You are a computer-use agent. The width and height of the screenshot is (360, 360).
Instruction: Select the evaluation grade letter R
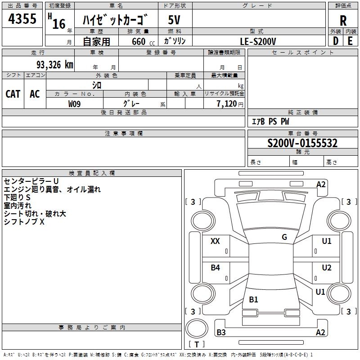[343, 21]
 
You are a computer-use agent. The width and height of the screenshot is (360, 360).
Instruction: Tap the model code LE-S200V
[258, 41]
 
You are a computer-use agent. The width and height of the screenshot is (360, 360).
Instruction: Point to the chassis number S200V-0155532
[302, 144]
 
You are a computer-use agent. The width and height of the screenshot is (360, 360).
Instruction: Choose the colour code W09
[75, 104]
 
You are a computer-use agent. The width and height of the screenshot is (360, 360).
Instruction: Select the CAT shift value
[13, 94]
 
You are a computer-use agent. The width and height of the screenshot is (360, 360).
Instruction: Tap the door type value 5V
[174, 20]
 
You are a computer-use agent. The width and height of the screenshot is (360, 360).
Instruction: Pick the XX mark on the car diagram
[215, 241]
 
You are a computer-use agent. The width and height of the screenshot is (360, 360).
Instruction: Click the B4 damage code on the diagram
[215, 268]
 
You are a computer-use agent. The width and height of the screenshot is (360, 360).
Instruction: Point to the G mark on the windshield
[284, 237]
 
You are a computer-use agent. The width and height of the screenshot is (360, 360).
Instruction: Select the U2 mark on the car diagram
[326, 268]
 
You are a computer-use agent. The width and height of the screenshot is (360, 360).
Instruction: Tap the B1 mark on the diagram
[253, 300]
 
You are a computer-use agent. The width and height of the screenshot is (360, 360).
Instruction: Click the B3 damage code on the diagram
[221, 333]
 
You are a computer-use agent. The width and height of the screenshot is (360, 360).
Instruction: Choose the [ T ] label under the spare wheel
[197, 345]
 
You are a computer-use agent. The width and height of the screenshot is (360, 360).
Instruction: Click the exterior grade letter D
[335, 41]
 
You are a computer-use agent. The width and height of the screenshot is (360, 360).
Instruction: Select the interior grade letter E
[350, 41]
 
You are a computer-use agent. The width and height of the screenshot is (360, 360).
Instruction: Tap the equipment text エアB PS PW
[270, 122]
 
